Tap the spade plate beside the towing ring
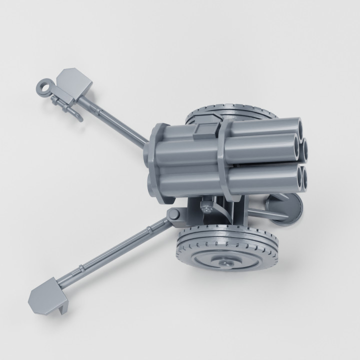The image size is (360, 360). pos(75,82)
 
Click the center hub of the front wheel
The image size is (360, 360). pos(226,261)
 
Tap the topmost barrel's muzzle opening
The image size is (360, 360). pos(295,125)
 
